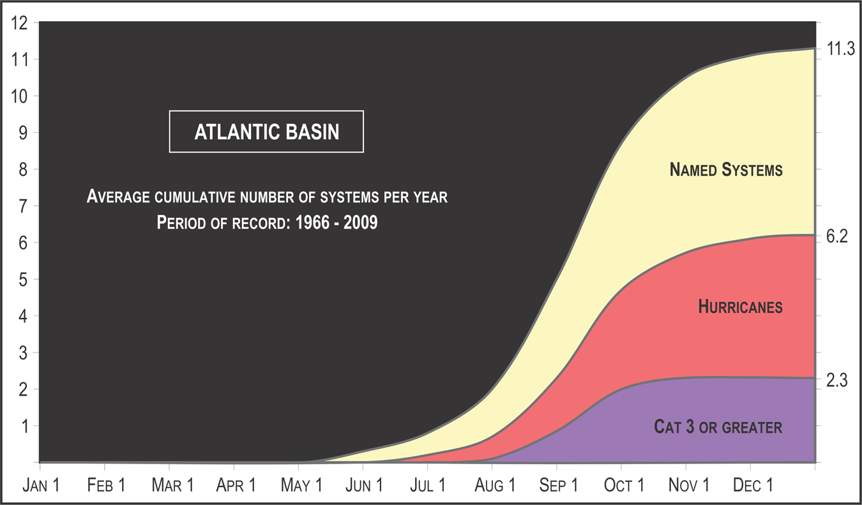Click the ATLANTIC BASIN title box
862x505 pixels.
(266, 132)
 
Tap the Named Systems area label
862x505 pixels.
(726, 170)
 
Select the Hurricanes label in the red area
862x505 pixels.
(740, 307)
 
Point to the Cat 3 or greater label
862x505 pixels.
(718, 426)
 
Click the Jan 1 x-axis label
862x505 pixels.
(42, 485)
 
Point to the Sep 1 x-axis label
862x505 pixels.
(559, 485)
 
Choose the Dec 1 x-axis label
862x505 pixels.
(753, 485)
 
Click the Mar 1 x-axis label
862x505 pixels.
(172, 485)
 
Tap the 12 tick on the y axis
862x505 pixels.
(19, 23)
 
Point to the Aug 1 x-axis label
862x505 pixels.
(494, 485)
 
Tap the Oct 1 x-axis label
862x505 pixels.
(624, 485)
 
